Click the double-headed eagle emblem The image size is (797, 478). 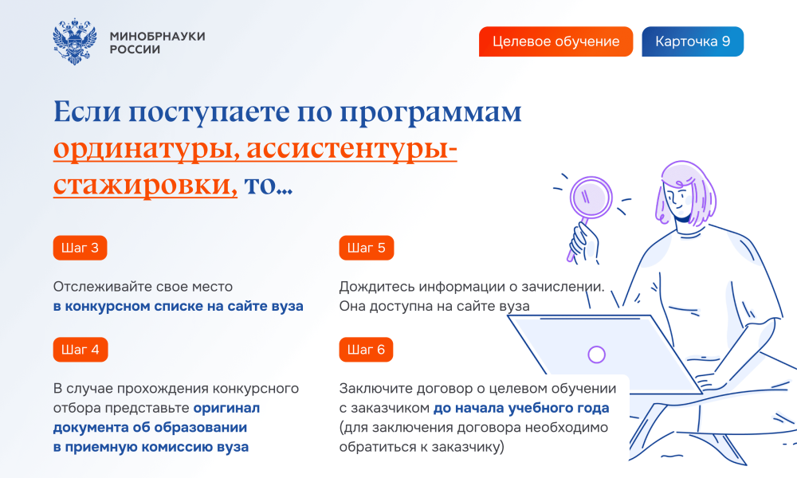[75, 41]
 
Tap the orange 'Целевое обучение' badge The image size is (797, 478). [556, 41]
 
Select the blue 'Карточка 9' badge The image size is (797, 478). [693, 41]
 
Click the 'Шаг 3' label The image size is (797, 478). [80, 248]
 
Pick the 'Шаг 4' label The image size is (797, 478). [80, 350]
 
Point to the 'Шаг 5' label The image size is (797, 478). [366, 248]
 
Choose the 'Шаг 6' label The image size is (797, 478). [366, 350]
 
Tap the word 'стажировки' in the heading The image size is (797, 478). [145, 184]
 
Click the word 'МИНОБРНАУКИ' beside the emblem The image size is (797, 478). [157, 36]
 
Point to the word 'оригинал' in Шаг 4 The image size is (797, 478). [226, 408]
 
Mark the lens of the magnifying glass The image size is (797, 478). [591, 198]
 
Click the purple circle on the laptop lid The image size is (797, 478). [596, 354]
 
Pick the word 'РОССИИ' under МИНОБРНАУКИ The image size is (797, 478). [135, 49]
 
